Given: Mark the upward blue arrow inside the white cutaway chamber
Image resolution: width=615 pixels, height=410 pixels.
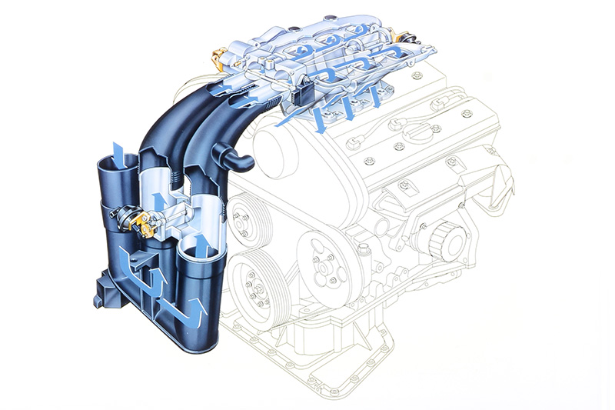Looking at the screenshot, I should (159, 202).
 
